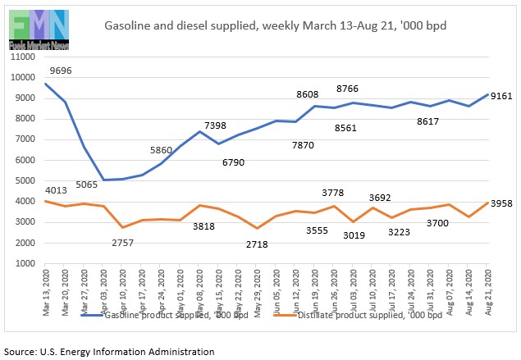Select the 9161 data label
click(502, 96)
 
